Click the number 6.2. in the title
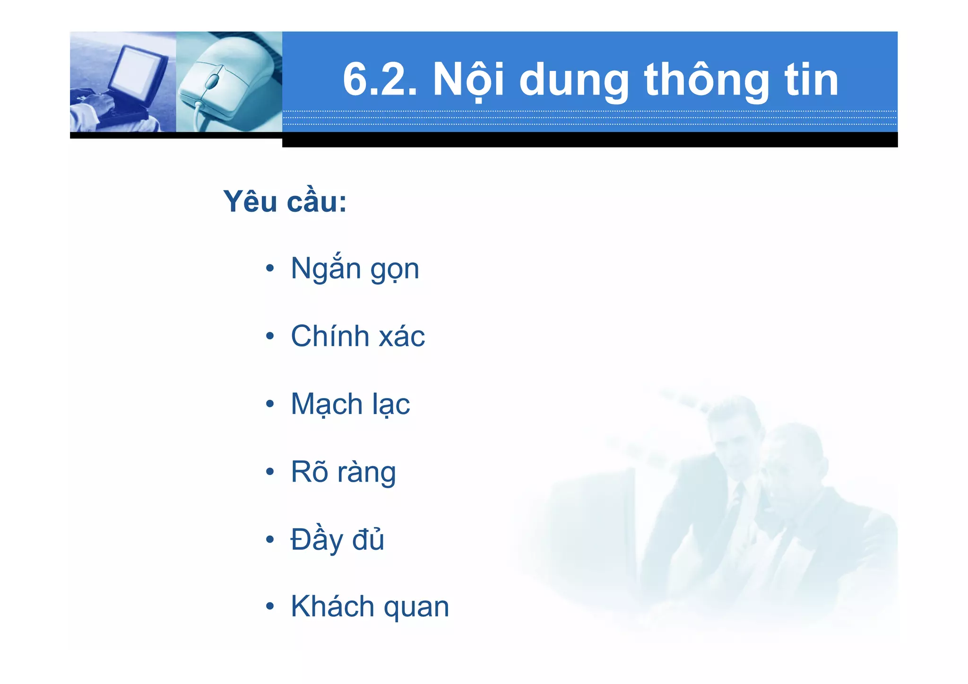(380, 79)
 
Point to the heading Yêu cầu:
(285, 202)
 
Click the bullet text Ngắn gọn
(354, 268)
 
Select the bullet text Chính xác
(357, 336)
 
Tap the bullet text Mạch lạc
(350, 404)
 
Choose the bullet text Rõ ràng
(343, 472)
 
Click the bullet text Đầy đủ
(337, 539)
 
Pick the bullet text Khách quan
(370, 606)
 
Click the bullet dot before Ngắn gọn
(270, 269)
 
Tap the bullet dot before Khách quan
(270, 606)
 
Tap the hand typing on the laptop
(102, 102)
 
